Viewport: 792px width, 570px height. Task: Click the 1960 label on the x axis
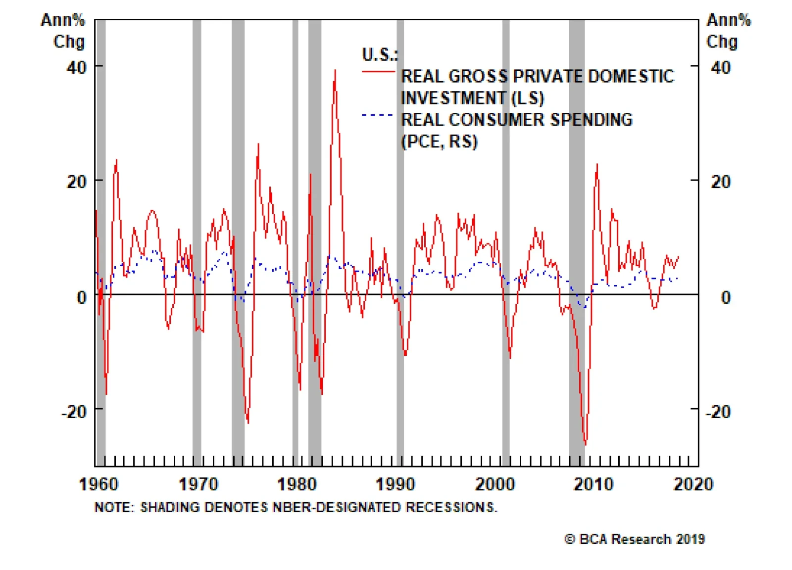99,484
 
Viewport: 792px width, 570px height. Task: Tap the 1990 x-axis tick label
395,484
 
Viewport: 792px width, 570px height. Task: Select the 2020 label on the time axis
693,484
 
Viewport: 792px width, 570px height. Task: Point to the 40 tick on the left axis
76,67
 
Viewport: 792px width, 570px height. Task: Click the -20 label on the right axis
718,412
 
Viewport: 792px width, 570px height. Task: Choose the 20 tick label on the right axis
721,182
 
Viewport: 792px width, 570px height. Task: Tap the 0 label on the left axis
82,297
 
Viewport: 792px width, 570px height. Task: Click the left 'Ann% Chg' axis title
63,31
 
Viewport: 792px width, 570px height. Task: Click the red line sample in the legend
378,72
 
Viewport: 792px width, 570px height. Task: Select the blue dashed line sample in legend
378,115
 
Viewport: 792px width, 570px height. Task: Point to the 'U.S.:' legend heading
380,54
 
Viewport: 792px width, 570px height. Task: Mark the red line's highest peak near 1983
335,70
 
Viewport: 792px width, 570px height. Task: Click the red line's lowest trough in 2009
586,444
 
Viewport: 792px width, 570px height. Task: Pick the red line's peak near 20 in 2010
597,165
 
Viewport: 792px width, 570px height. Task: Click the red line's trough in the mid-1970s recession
248,423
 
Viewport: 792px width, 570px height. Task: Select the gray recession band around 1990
400,242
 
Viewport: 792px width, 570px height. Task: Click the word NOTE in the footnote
113,508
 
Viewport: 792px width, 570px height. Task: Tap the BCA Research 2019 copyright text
635,539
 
